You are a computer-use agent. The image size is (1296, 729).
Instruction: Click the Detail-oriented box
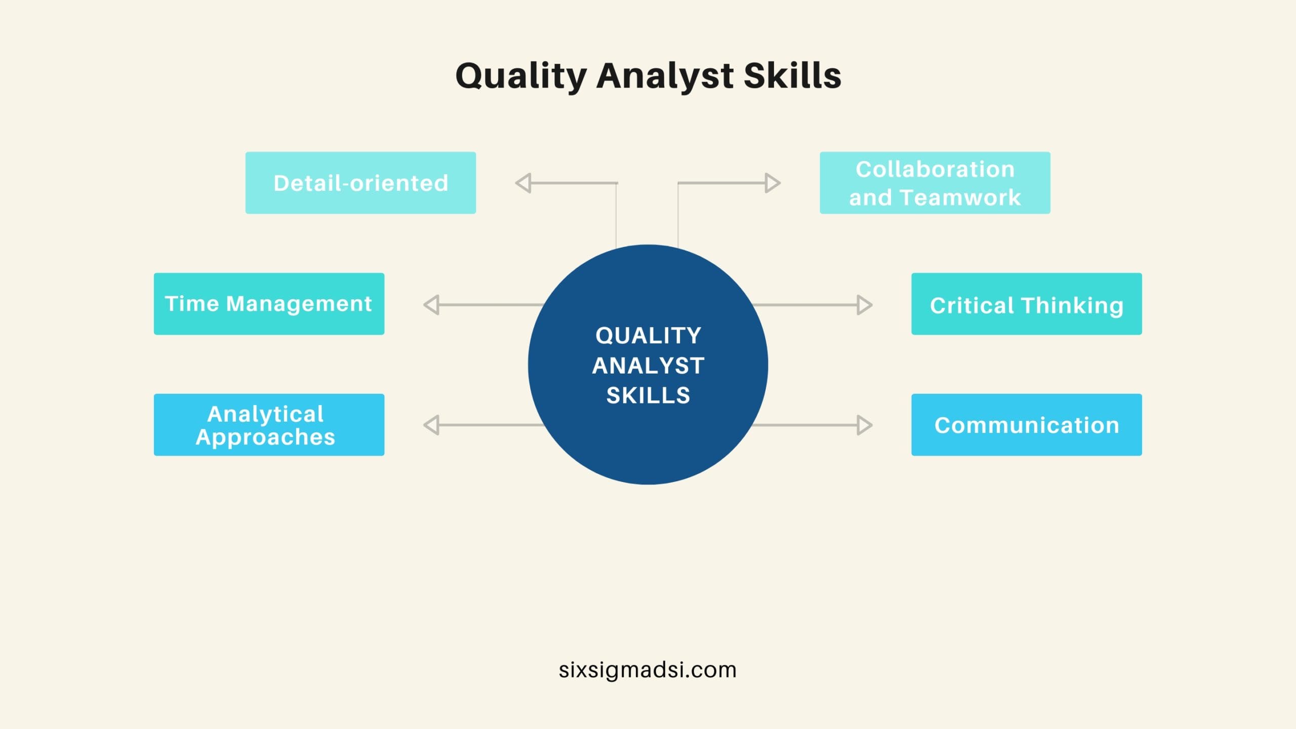[360, 183]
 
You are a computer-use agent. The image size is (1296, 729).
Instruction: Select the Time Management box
[269, 304]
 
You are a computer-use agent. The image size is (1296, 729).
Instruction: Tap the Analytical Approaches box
[269, 425]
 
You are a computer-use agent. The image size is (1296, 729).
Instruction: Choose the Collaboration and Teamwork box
[935, 183]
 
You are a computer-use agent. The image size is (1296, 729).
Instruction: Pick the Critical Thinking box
[1026, 304]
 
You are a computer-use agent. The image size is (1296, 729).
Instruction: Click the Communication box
[1026, 425]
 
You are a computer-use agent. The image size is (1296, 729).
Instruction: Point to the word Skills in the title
[792, 76]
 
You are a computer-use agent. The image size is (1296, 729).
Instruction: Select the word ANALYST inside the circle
[648, 366]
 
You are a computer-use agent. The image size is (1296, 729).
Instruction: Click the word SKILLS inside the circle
[648, 395]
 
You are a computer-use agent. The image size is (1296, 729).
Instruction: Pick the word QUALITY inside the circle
[648, 336]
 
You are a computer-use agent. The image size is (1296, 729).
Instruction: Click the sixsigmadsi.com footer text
[647, 670]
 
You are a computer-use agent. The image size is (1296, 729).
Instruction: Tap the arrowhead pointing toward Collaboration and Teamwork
[772, 183]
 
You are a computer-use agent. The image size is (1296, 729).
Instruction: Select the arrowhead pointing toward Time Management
[432, 305]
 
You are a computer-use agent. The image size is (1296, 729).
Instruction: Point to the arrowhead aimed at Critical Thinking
[864, 305]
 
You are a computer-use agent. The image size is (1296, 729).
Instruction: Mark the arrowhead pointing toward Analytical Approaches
[432, 425]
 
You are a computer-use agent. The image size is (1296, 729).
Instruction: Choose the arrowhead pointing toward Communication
[864, 425]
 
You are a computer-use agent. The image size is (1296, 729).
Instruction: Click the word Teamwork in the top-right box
[960, 197]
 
